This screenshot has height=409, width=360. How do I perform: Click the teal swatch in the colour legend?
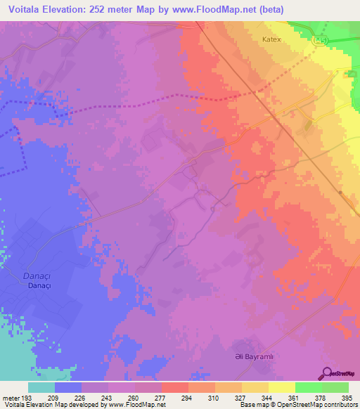point(41,388)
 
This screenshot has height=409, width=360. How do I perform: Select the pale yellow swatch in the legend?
point(282,388)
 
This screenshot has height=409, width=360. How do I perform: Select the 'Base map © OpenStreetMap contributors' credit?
point(298,405)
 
